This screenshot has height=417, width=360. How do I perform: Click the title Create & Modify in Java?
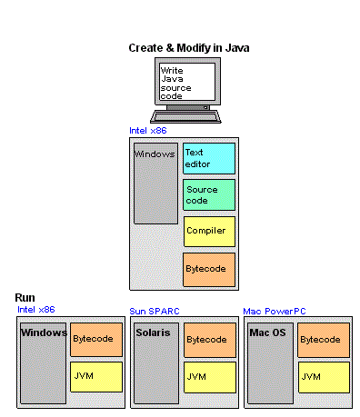189,47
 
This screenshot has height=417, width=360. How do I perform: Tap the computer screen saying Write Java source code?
187,81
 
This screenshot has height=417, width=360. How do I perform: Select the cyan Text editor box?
209,159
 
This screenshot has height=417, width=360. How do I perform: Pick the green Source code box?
209,194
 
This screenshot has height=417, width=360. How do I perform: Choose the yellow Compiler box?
209,231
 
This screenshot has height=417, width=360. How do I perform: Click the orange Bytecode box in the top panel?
209,269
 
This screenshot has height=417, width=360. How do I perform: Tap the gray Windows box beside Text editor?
155,183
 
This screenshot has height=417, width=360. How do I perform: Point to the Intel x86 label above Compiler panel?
147,130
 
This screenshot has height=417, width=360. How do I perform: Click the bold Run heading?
25,299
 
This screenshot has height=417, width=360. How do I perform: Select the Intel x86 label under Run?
36,310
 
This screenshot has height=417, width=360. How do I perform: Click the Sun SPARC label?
155,311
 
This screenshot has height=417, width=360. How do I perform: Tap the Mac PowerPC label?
275,311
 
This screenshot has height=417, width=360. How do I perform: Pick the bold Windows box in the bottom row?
44,362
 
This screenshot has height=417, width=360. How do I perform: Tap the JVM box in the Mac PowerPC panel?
325,376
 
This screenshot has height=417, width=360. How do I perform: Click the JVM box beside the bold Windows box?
95,376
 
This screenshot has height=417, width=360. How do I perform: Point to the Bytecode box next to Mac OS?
325,339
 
